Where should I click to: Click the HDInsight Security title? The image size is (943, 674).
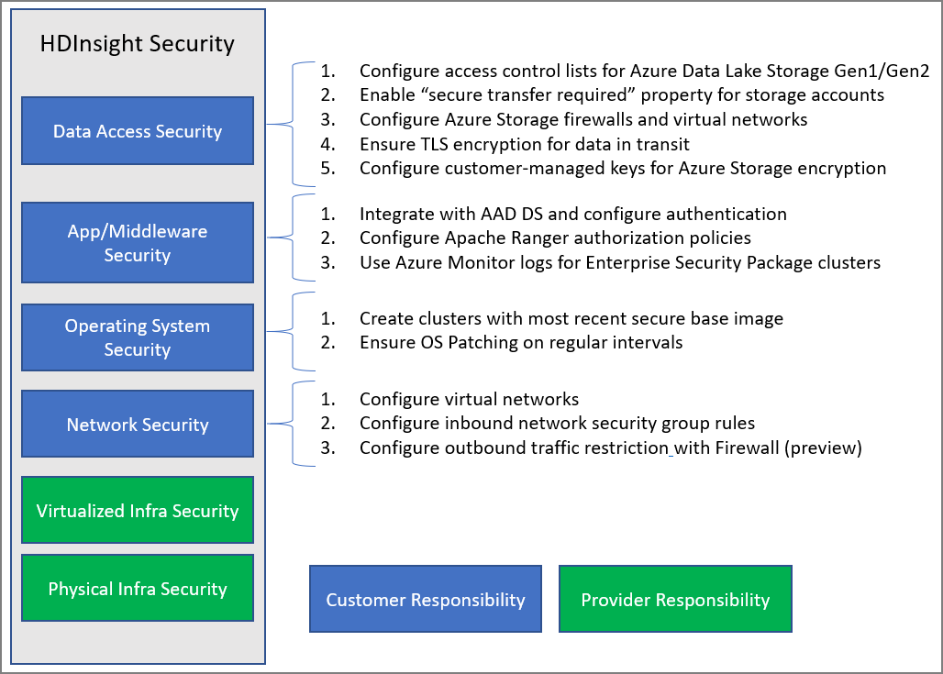click(x=138, y=43)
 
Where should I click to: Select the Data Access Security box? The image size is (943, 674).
click(x=138, y=131)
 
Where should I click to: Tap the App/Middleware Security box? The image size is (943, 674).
click(x=138, y=243)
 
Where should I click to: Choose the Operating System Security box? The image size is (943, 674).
click(x=138, y=337)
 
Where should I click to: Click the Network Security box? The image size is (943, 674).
click(x=138, y=425)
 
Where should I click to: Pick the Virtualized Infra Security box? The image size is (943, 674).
click(x=138, y=511)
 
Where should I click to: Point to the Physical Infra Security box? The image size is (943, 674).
click(x=138, y=589)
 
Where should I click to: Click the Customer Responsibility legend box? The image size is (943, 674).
click(x=426, y=600)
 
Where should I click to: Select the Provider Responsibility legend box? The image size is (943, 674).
click(x=675, y=600)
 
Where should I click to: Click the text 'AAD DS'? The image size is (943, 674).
click(x=493, y=214)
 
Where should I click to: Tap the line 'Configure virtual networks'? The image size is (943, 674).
click(x=469, y=400)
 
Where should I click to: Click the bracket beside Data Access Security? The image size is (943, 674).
click(x=292, y=124)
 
